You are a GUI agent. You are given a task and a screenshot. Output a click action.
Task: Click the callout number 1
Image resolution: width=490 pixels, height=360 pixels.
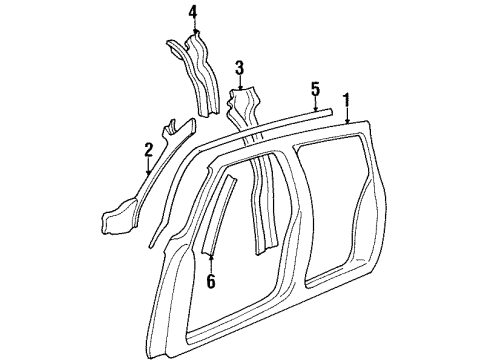coord(347,100)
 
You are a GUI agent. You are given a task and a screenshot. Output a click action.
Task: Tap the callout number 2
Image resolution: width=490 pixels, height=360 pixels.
coord(148,150)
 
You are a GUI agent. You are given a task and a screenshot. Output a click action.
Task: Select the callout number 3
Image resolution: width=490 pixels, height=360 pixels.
coord(239,68)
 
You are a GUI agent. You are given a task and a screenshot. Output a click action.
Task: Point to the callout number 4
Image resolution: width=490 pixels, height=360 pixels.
coord(193,12)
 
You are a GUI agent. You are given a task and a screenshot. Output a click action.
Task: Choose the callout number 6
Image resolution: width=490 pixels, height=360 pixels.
coord(210,282)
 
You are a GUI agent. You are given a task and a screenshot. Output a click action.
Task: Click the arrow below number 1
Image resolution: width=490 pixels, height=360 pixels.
coord(347,117)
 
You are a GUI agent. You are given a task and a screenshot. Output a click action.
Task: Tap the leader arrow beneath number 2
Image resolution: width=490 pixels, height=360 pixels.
coord(148,169)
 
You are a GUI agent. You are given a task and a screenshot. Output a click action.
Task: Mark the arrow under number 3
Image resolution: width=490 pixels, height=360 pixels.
coord(239,85)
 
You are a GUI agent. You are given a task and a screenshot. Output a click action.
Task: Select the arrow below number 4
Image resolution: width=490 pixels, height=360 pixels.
coord(193,30)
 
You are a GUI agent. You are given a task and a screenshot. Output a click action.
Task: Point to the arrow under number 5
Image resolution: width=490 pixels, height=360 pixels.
coord(315,105)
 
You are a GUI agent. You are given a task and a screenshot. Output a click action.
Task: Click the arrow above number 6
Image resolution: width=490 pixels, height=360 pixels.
coord(210,264)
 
